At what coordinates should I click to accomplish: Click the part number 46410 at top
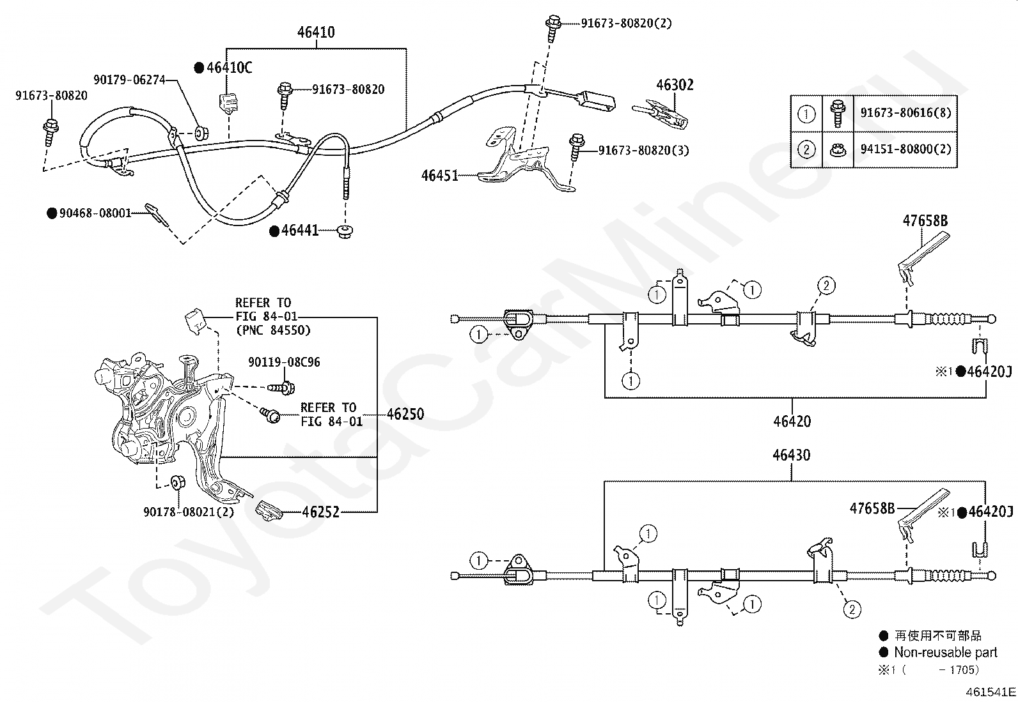pyautogui.click(x=317, y=33)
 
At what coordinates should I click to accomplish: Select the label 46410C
pyautogui.click(x=229, y=68)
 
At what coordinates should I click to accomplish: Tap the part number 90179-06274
pyautogui.click(x=129, y=80)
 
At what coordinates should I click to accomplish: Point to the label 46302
pyautogui.click(x=675, y=85)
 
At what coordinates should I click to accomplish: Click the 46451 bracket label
pyautogui.click(x=440, y=175)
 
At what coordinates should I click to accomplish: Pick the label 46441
pyautogui.click(x=300, y=231)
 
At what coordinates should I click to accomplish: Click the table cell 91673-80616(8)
pyautogui.click(x=905, y=113)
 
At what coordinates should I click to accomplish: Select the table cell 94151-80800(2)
pyautogui.click(x=905, y=149)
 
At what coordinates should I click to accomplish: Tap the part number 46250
pyautogui.click(x=405, y=414)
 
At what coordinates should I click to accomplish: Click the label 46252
pyautogui.click(x=320, y=512)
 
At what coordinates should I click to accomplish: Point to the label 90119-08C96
pyautogui.click(x=284, y=362)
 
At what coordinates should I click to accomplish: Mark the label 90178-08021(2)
pyautogui.click(x=189, y=512)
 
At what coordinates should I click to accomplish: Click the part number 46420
pyautogui.click(x=792, y=422)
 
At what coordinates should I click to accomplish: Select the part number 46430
pyautogui.click(x=791, y=455)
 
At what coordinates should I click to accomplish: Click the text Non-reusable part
pyautogui.click(x=945, y=652)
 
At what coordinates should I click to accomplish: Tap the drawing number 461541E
pyautogui.click(x=991, y=692)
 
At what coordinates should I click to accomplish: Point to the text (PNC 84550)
pyautogui.click(x=272, y=330)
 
